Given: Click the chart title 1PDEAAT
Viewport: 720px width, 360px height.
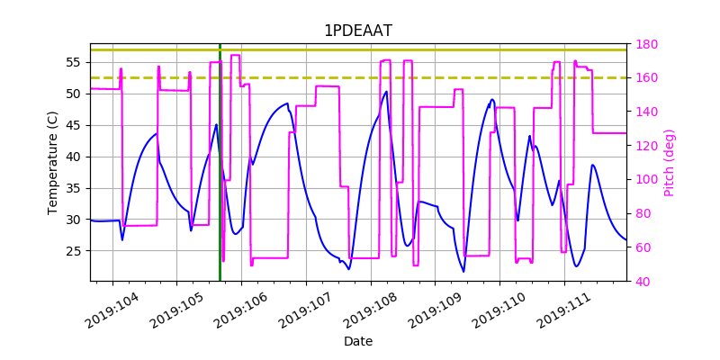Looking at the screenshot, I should (357, 31).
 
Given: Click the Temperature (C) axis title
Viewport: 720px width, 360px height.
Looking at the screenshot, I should (53, 162).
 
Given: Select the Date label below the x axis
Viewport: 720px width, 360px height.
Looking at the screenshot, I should (357, 342).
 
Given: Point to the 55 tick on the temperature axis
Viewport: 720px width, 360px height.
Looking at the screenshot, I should (74, 62).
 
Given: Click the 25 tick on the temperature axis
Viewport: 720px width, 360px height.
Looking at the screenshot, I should (74, 251).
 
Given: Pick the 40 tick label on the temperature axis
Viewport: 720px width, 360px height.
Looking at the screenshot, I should (74, 157).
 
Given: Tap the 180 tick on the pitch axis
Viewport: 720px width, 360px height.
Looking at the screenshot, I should (646, 44).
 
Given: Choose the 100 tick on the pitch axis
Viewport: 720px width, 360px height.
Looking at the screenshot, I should (646, 179).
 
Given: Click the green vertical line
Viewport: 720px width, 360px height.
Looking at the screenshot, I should (220, 180).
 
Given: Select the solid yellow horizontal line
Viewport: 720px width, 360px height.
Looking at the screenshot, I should (360, 49).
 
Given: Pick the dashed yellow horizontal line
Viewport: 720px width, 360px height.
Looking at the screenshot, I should (360, 77).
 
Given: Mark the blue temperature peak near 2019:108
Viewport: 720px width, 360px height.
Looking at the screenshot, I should (386, 91).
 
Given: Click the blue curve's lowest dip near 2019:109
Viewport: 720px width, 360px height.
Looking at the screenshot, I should (464, 271).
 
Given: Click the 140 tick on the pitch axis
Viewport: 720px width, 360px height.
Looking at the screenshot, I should (646, 112).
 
